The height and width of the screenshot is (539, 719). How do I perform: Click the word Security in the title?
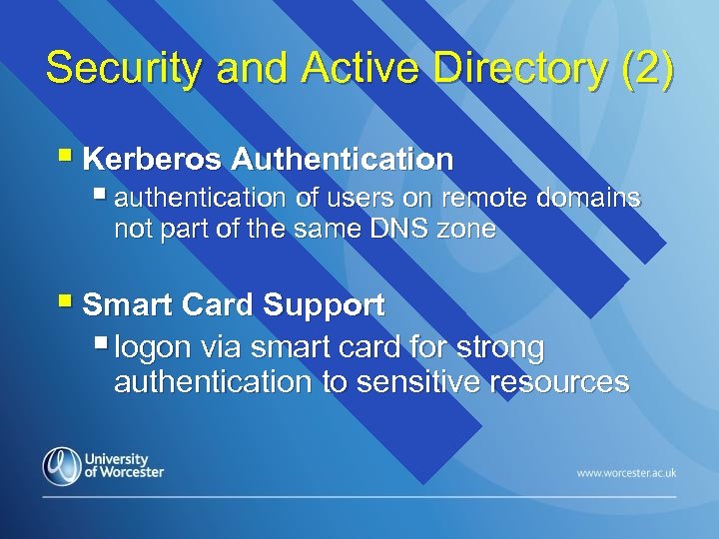click(x=108, y=69)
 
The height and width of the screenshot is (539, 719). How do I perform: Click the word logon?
click(x=155, y=348)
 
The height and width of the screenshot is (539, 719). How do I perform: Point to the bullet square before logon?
click(x=101, y=345)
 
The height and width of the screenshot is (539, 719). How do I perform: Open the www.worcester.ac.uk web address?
click(x=626, y=471)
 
